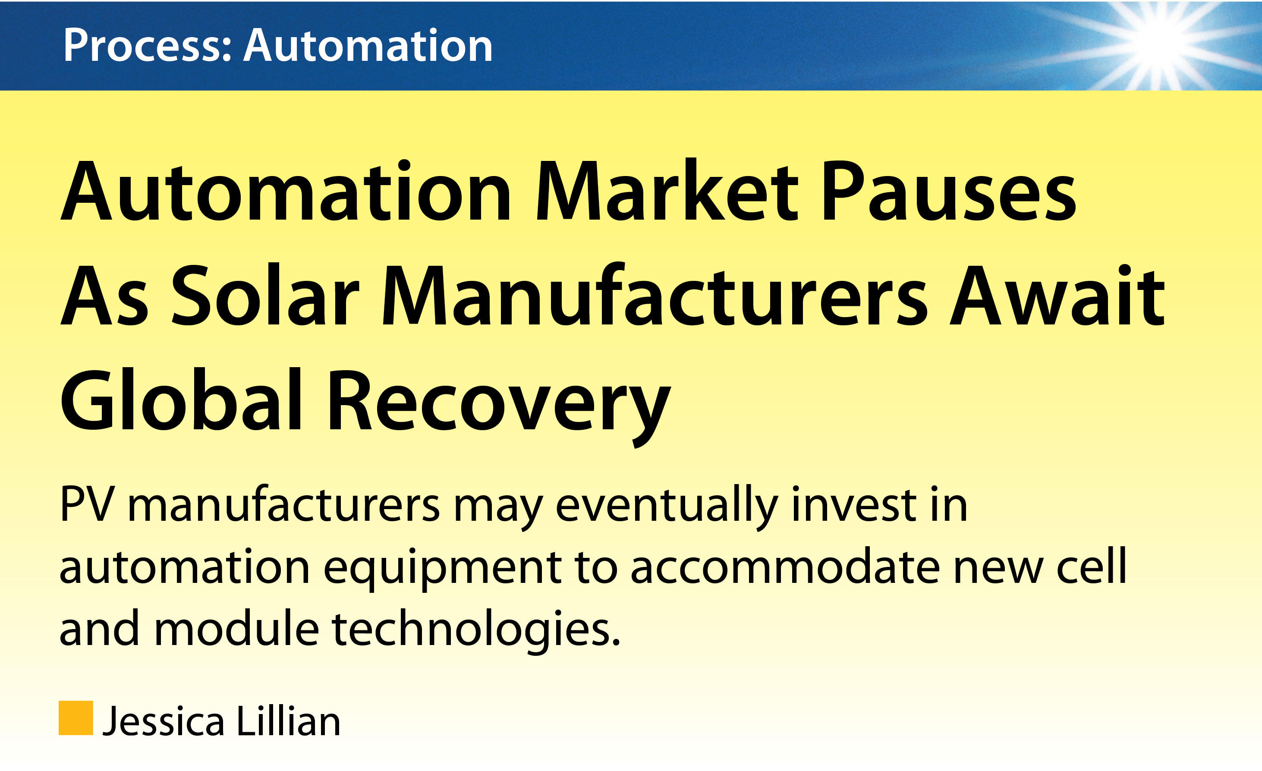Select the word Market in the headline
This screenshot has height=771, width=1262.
point(666,191)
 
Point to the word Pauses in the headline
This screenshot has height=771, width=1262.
point(950,191)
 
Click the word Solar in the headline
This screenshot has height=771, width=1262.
point(265,295)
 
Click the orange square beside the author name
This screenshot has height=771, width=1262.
point(76,718)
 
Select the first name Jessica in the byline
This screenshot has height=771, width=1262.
point(164,721)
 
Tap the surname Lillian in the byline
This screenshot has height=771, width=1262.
point(288,720)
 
